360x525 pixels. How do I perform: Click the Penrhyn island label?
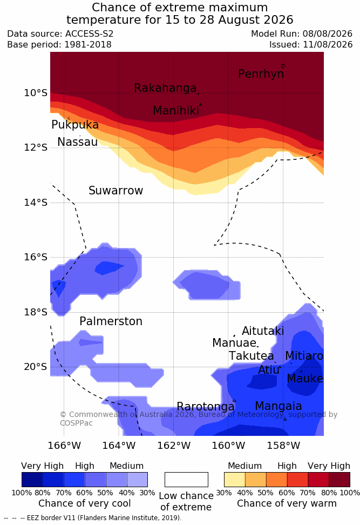(x=261, y=73)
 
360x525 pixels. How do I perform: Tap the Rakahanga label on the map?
(x=165, y=87)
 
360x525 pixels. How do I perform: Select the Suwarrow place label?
(x=116, y=191)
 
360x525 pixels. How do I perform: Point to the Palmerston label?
(x=111, y=321)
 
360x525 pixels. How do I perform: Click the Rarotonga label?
(x=206, y=407)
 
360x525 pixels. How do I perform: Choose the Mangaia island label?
(x=279, y=406)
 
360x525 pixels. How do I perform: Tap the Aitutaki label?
(x=263, y=331)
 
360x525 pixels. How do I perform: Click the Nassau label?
(x=78, y=142)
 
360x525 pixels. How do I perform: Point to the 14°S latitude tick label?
(x=36, y=203)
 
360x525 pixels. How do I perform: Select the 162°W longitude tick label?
(x=174, y=446)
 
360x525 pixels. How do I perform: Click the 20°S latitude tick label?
(x=36, y=367)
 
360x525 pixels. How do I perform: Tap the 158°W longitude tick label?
(x=283, y=446)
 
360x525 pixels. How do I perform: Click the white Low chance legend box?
(x=186, y=480)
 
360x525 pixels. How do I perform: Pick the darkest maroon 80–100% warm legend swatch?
(x=339, y=480)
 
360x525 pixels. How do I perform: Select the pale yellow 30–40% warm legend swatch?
(x=235, y=480)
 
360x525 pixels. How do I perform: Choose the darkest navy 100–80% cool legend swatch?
(x=32, y=480)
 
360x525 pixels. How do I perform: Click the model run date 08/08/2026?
(x=328, y=34)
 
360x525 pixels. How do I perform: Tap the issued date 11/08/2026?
(x=328, y=44)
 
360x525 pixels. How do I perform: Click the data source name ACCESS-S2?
(x=90, y=34)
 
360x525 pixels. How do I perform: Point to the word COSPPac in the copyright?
(x=76, y=423)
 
